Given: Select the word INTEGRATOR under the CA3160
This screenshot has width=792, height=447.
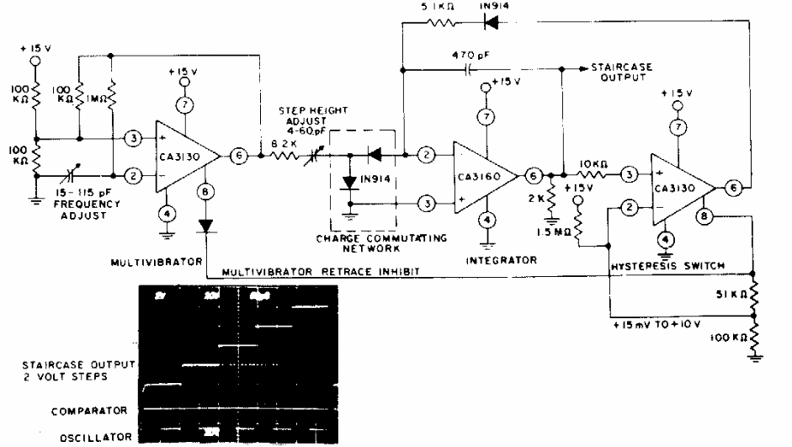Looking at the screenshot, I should (x=502, y=261).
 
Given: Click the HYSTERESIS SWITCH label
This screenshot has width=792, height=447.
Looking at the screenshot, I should (x=660, y=266).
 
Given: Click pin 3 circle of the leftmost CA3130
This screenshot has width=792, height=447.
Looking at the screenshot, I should (x=131, y=138).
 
